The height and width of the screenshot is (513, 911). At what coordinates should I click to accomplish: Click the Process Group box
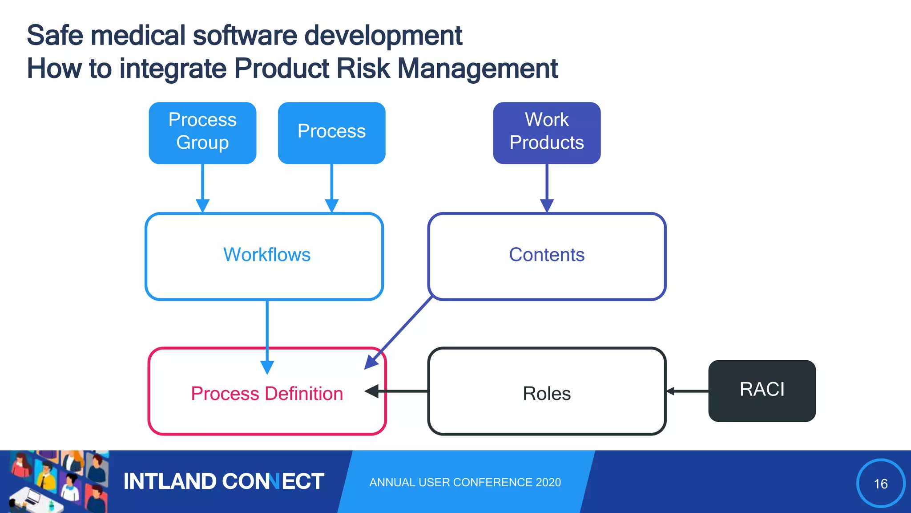(x=202, y=133)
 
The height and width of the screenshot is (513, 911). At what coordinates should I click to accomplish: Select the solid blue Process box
(x=331, y=133)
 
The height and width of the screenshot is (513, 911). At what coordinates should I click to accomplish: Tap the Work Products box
(x=547, y=133)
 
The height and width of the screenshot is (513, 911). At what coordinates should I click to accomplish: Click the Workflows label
(x=266, y=255)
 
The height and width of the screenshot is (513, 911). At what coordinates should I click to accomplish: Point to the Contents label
(x=546, y=255)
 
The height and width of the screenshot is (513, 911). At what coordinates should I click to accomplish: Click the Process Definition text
(x=267, y=394)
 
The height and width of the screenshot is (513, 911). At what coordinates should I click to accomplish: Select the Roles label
(x=546, y=394)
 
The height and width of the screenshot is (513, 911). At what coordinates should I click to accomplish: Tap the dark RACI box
(x=762, y=391)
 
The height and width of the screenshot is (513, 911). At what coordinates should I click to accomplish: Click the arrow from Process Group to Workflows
(x=202, y=187)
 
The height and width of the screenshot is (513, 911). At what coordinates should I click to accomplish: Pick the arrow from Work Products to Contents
(x=547, y=187)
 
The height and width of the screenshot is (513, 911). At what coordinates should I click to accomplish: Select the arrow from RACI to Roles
(x=687, y=391)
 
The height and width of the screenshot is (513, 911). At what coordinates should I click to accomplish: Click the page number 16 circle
(x=880, y=483)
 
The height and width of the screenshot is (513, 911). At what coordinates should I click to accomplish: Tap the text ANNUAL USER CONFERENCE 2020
(x=465, y=482)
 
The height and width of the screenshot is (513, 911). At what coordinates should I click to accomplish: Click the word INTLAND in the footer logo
(x=169, y=481)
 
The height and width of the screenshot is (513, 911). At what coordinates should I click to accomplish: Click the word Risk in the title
(x=363, y=69)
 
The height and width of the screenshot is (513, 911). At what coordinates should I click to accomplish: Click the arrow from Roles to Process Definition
(x=400, y=391)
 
